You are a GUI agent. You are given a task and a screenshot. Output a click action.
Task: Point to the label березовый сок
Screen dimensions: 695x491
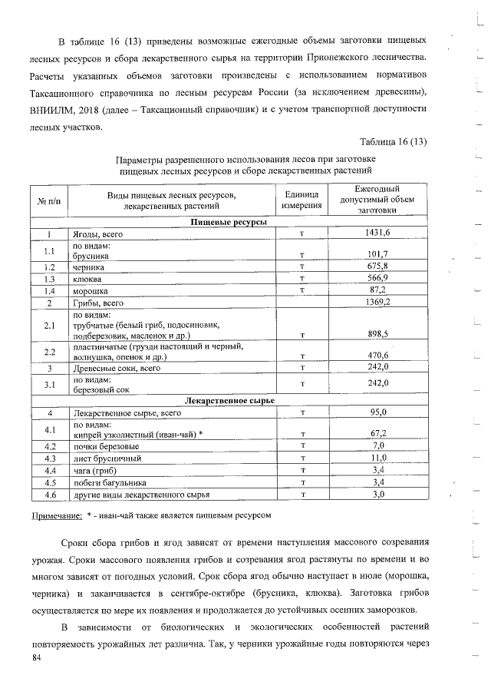click(x=101, y=389)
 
